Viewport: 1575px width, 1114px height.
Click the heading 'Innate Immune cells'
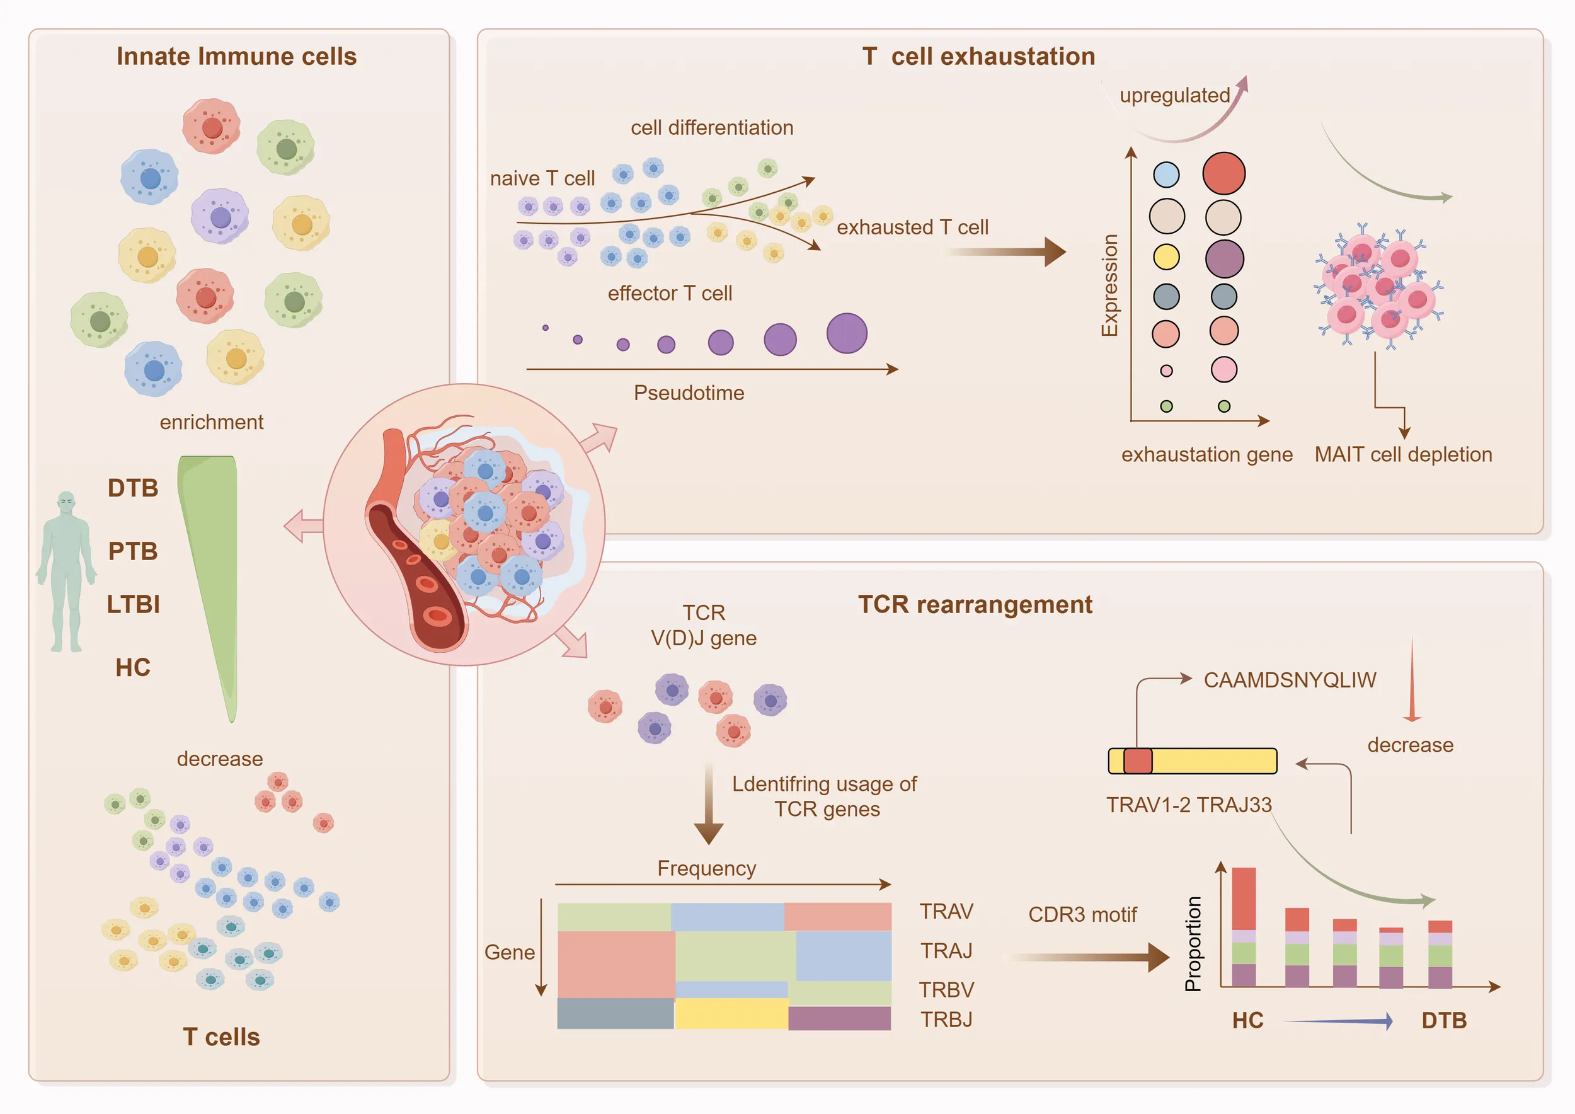(x=236, y=56)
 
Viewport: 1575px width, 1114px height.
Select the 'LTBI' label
(x=133, y=604)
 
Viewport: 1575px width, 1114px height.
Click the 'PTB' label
(x=133, y=551)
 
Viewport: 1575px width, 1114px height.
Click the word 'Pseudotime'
(x=689, y=393)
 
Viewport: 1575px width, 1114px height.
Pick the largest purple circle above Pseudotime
(x=847, y=333)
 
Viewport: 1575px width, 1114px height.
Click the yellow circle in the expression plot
(x=1166, y=256)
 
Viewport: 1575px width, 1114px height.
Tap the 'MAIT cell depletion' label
(x=1403, y=454)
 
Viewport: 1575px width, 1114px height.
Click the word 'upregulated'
(x=1174, y=95)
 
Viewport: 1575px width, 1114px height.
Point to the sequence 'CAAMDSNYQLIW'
(x=1290, y=680)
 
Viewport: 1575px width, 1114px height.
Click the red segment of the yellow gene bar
(x=1138, y=761)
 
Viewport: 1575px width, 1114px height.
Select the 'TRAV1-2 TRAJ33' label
(x=1189, y=805)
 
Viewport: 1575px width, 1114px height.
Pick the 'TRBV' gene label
(x=946, y=990)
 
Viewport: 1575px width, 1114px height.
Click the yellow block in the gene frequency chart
(x=731, y=1013)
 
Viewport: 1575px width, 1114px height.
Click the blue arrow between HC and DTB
(x=1337, y=1021)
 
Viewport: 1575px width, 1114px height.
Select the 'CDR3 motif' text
(x=1082, y=914)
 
